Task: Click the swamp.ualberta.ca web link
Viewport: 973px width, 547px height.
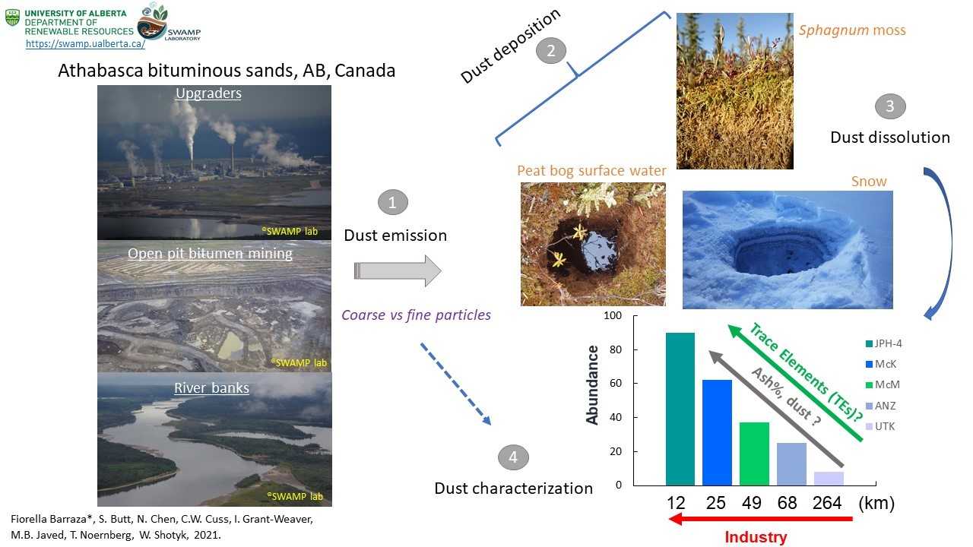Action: (85, 43)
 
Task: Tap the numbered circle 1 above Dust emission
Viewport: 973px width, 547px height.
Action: (393, 202)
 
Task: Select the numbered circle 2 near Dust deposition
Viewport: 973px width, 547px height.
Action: (551, 51)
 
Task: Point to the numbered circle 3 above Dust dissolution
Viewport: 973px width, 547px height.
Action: (890, 106)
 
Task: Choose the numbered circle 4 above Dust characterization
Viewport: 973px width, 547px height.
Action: (513, 457)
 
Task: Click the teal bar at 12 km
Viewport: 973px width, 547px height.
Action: (680, 409)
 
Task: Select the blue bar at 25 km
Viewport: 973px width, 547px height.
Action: (717, 432)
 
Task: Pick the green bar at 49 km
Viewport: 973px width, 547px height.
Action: (755, 454)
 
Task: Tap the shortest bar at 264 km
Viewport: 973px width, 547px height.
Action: (829, 479)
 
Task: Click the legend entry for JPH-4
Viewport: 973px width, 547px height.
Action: (883, 343)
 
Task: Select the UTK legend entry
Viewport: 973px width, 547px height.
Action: (880, 426)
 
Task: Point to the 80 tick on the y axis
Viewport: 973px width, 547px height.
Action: (616, 349)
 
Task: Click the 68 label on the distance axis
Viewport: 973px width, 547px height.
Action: (787, 503)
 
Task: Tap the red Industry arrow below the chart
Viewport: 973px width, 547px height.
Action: (761, 518)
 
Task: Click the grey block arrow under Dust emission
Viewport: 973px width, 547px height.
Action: (398, 271)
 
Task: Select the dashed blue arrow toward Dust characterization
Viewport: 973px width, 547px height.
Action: (455, 384)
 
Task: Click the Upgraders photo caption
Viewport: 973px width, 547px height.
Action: (208, 93)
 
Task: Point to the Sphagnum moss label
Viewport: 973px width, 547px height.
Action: (852, 30)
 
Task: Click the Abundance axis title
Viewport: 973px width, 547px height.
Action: (592, 384)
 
